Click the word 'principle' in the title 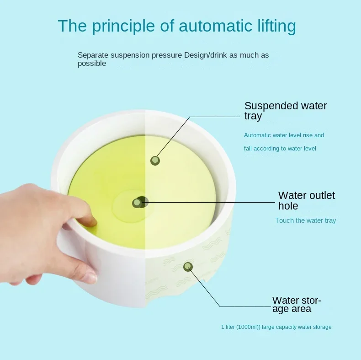point(123,26)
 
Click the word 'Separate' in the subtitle point(93,55)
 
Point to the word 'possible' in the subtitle point(92,64)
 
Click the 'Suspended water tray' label point(286,111)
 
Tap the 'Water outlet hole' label point(307,200)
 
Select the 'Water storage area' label point(297,305)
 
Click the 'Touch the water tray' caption point(306,220)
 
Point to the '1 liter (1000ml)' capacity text point(240,327)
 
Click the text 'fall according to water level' point(280,148)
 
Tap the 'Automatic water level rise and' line point(284,135)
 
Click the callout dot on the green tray point(155,161)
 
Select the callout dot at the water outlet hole point(137,203)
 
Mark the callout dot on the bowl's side point(188,267)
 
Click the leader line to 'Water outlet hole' point(208,203)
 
